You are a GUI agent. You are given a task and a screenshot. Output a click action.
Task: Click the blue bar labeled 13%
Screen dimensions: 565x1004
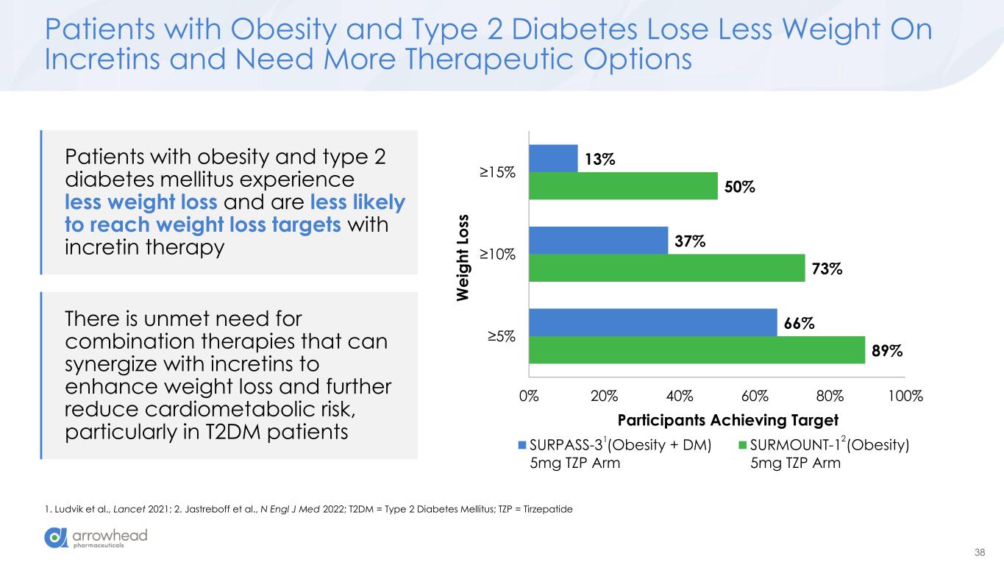pos(553,158)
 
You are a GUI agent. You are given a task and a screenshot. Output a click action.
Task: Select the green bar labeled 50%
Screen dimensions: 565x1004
pos(623,185)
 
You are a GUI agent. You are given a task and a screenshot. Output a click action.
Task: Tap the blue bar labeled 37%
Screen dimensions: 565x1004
pos(598,241)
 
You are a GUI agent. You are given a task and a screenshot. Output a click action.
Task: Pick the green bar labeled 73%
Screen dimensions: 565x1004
pos(666,268)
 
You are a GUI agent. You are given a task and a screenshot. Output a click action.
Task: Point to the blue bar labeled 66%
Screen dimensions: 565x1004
pos(652,322)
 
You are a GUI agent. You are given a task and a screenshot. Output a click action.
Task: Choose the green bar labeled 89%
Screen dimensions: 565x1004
pos(697,349)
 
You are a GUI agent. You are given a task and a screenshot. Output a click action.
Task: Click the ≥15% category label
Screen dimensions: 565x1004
pos(498,172)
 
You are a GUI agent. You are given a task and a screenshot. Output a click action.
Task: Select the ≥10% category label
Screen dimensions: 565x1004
pos(498,255)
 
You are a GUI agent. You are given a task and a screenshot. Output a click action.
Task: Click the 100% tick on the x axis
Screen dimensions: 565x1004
pos(905,395)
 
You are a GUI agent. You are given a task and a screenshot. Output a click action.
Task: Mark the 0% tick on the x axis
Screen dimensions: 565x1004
pos(528,395)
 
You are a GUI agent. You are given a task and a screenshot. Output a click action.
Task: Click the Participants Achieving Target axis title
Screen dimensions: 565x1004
pos(728,420)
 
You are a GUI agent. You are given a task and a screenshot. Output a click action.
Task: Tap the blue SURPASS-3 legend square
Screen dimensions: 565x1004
pos(523,444)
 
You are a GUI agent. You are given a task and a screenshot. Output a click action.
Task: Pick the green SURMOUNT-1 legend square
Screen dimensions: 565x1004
pos(743,444)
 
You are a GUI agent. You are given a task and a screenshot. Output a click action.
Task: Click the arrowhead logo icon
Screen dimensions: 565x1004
pos(55,538)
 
